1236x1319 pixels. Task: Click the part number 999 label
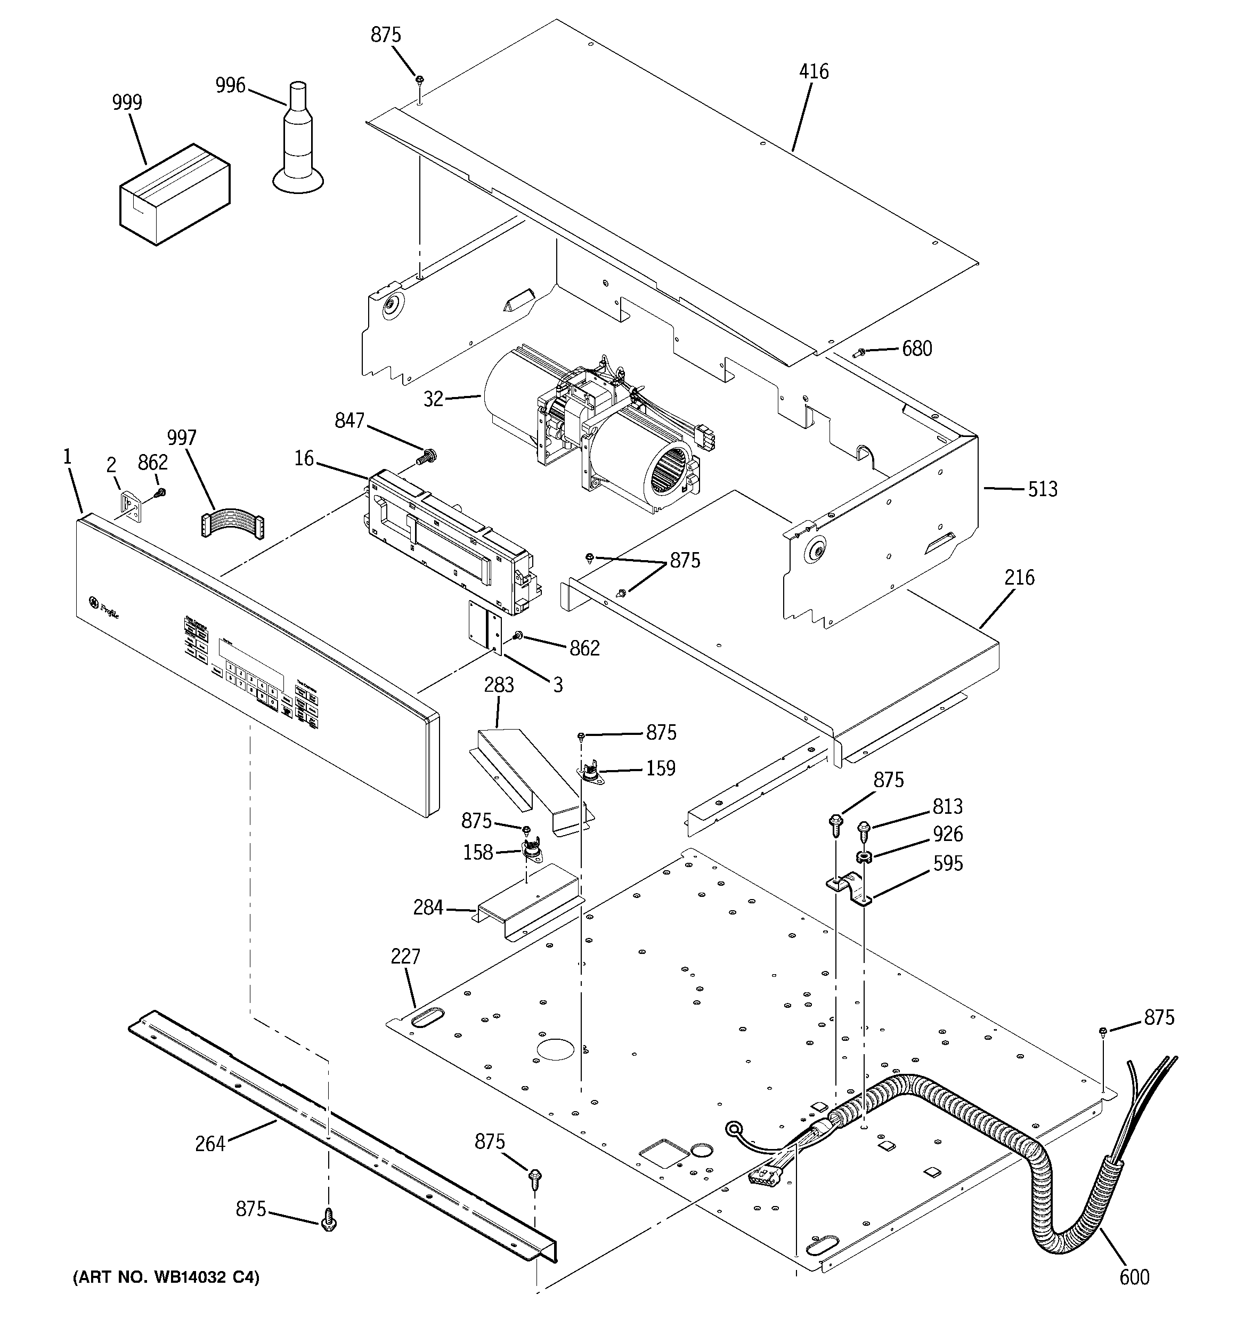tap(127, 102)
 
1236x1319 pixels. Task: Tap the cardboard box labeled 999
tap(175, 195)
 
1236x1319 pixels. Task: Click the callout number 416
tap(814, 71)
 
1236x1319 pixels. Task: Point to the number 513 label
tap(1042, 490)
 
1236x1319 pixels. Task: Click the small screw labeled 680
tap(860, 352)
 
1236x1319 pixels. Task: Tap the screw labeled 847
tap(424, 457)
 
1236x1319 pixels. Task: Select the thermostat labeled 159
tap(589, 774)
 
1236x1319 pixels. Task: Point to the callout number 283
tap(498, 684)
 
